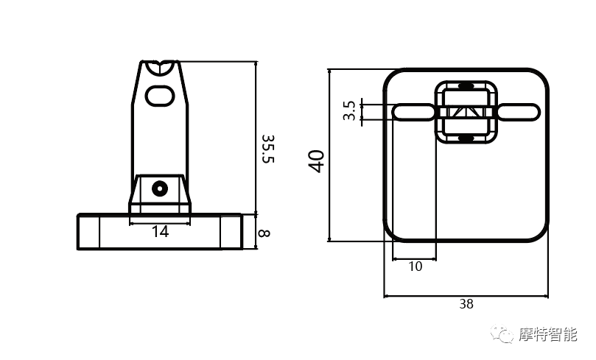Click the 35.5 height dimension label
(268, 149)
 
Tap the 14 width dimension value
(160, 231)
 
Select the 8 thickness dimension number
(264, 233)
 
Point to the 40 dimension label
(316, 161)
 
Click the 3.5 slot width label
(349, 110)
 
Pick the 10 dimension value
(416, 267)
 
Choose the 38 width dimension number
(466, 304)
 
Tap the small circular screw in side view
(160, 188)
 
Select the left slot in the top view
(413, 112)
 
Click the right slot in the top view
(519, 112)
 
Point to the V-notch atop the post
(160, 67)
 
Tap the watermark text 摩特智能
(547, 334)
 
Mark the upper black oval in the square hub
(466, 85)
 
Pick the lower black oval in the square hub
(466, 138)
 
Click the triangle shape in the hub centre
(466, 113)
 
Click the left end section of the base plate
(88, 232)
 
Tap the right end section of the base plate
(231, 232)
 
